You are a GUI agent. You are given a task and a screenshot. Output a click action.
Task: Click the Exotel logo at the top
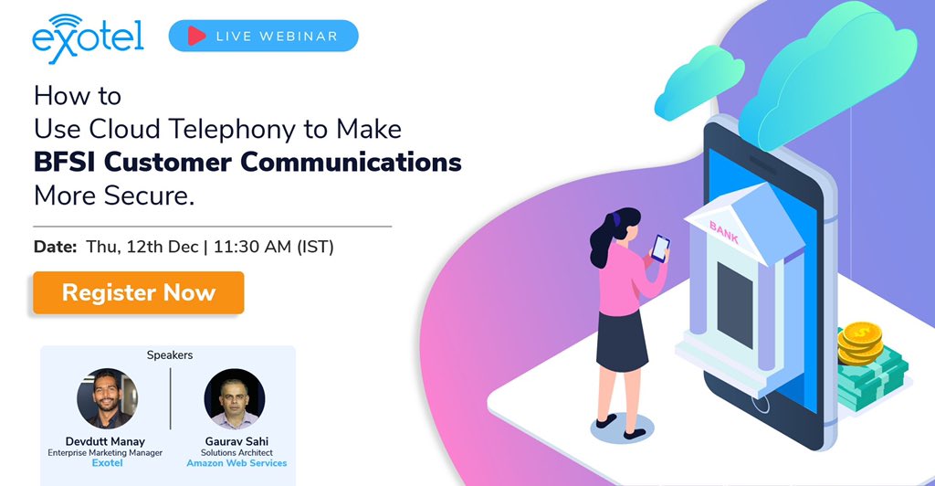click(87, 37)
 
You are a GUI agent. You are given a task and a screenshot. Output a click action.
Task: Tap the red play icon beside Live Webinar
click(195, 36)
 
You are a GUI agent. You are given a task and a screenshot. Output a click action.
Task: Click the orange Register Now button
click(139, 292)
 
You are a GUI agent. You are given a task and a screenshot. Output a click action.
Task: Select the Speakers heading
click(170, 354)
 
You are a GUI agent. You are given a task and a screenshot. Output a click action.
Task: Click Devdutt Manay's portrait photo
click(108, 398)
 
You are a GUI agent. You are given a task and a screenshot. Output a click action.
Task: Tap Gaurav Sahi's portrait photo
click(235, 399)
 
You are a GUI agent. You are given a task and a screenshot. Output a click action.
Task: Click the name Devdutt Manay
click(108, 440)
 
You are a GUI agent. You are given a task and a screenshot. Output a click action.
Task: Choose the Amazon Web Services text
click(236, 463)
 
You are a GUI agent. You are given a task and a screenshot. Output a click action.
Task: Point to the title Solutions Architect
click(236, 452)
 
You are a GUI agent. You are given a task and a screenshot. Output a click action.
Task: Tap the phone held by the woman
click(659, 248)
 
